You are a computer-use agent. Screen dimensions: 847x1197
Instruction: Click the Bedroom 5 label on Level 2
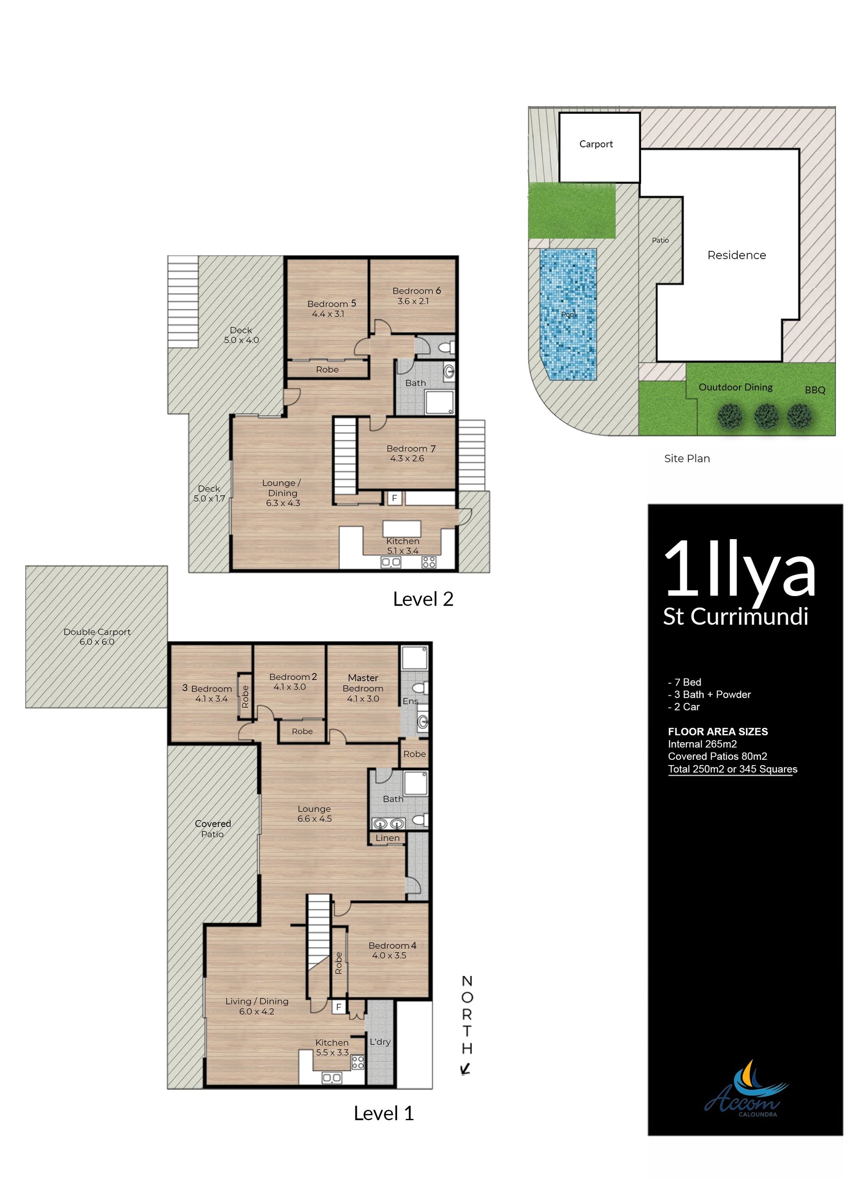pyautogui.click(x=331, y=304)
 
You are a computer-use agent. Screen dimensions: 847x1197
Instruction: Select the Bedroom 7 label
pyautogui.click(x=411, y=449)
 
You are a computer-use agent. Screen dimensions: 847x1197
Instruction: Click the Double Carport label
pyautogui.click(x=97, y=632)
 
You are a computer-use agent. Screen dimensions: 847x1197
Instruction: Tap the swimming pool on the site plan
pyautogui.click(x=568, y=314)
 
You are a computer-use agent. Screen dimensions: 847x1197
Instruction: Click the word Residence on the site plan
pyautogui.click(x=736, y=255)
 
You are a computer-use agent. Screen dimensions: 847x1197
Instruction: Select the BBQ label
pyautogui.click(x=815, y=390)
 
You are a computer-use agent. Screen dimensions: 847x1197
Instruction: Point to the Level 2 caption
pyautogui.click(x=423, y=599)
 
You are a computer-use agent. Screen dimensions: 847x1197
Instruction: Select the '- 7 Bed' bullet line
pyautogui.click(x=684, y=682)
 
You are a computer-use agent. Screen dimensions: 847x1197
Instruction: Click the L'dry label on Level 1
pyautogui.click(x=380, y=1042)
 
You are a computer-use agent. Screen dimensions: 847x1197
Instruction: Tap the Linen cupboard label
pyautogui.click(x=387, y=838)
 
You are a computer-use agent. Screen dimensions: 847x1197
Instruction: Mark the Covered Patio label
pyautogui.click(x=213, y=829)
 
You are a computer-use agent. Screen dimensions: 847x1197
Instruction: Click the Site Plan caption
pyautogui.click(x=687, y=458)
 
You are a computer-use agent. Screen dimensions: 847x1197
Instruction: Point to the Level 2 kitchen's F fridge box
pyautogui.click(x=394, y=498)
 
